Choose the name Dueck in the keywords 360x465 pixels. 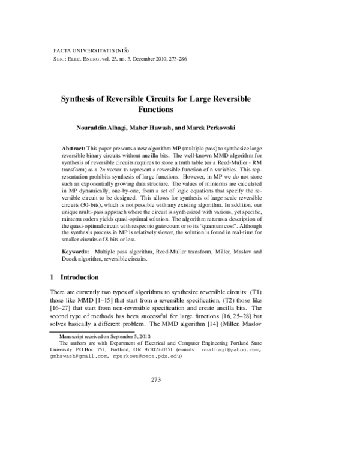pos(72,259)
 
